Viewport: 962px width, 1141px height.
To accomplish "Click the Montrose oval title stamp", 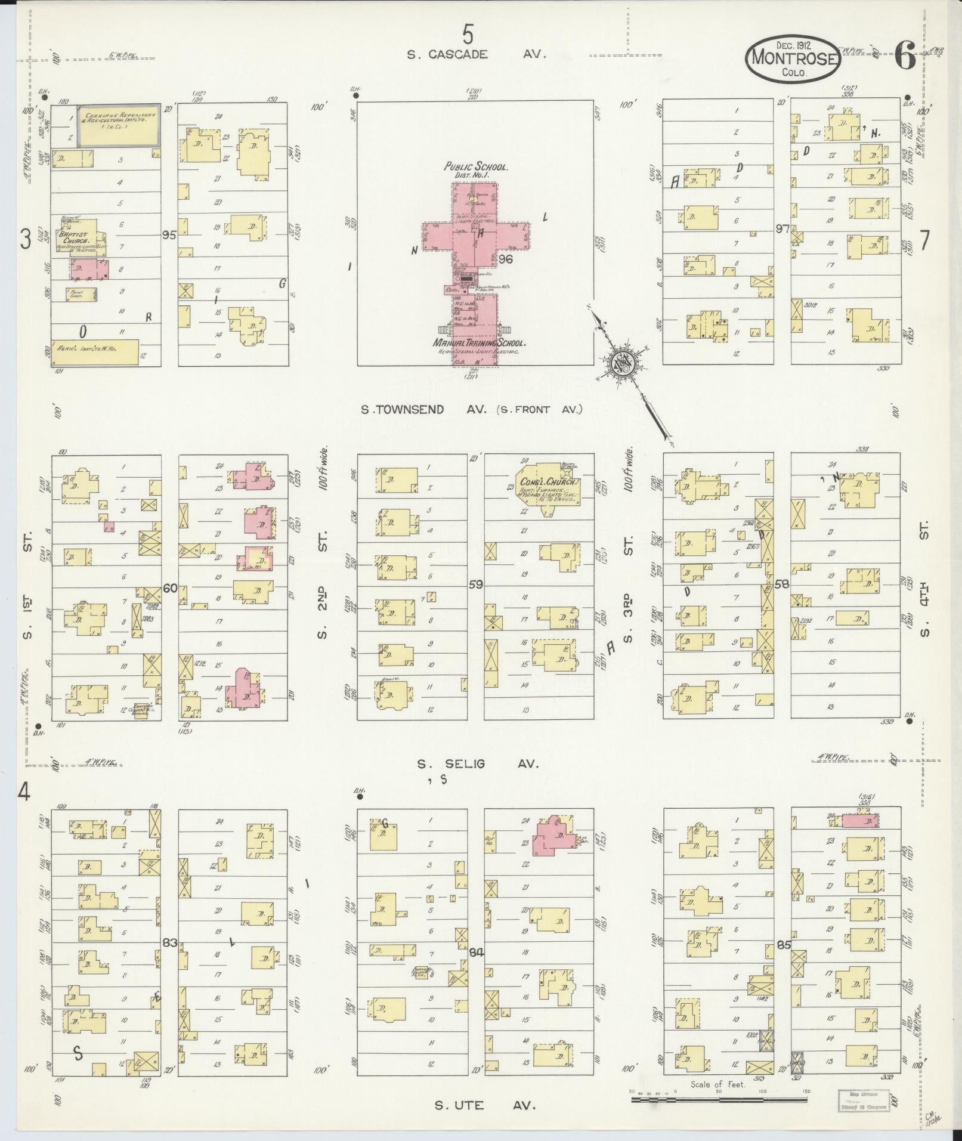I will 793,58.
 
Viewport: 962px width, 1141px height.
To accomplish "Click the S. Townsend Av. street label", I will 471,409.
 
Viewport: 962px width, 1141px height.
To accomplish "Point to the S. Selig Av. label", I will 477,764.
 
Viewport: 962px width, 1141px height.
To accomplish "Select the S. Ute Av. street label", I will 484,1105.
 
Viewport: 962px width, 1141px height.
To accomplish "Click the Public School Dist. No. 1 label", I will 475,171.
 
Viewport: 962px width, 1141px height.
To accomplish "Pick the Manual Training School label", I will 479,344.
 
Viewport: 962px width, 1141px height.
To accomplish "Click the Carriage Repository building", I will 119,125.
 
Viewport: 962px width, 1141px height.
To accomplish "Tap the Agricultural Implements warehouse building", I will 95,352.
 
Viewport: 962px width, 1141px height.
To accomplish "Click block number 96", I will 506,258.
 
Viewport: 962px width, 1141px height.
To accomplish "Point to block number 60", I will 169,589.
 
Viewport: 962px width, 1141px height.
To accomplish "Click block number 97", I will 782,229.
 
